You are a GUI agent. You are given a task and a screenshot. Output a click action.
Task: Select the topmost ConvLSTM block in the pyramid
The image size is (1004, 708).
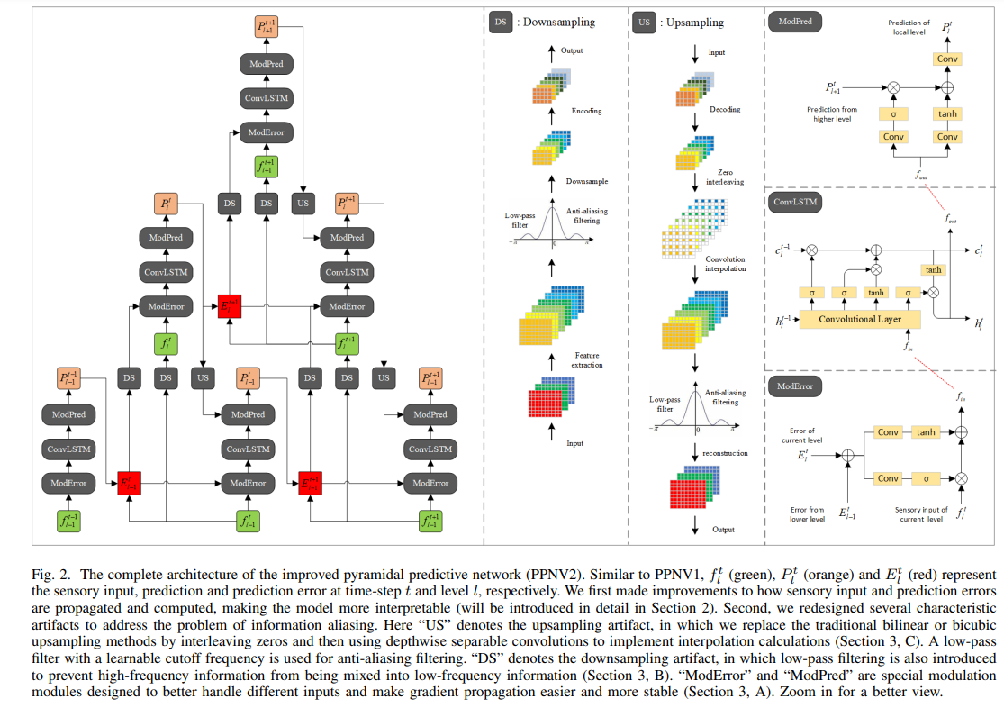(266, 98)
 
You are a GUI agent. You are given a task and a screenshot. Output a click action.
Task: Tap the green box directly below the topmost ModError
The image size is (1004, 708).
(266, 168)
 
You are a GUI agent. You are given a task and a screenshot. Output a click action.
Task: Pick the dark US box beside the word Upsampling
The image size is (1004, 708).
(643, 22)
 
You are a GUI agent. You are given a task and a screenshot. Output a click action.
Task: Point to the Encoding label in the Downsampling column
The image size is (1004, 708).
(586, 111)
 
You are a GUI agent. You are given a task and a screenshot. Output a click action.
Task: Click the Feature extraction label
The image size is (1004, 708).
(586, 359)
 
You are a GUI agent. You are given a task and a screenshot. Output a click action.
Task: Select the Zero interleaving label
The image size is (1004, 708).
(726, 176)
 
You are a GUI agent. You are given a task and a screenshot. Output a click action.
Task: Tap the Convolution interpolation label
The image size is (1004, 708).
(726, 263)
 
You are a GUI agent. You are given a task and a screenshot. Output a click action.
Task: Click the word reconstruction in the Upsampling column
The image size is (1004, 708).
(726, 453)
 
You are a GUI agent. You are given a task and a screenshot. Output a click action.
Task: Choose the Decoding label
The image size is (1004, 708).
(726, 110)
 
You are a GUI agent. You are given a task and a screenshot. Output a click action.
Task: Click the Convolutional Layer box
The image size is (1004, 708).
(860, 319)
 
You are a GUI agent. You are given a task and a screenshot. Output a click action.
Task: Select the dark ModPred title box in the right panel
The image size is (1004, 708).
(793, 22)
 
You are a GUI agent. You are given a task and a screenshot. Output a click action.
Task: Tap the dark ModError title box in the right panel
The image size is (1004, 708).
(795, 386)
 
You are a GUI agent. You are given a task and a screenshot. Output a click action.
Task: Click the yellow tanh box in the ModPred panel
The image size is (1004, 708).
(946, 113)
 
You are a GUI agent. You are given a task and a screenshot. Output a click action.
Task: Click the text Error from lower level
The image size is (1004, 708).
(806, 514)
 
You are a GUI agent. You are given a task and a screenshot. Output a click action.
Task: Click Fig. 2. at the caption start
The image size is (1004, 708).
(51, 575)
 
